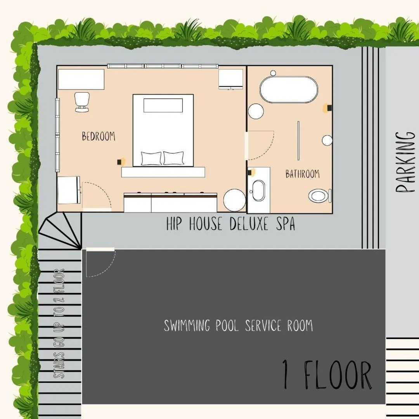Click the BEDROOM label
coord(99,136)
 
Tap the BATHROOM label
coord(303,174)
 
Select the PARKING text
coord(405,162)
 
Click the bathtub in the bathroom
coord(289,90)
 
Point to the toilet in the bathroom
coord(319,196)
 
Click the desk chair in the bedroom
coord(81,102)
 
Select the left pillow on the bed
coord(151,158)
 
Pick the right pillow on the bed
coord(173,158)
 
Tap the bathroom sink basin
coord(258,191)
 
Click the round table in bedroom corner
coord(234,200)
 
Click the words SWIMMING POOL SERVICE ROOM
coord(238,326)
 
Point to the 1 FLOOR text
coord(327,375)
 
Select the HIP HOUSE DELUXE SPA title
coord(230,224)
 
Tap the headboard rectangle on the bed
coord(163,105)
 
